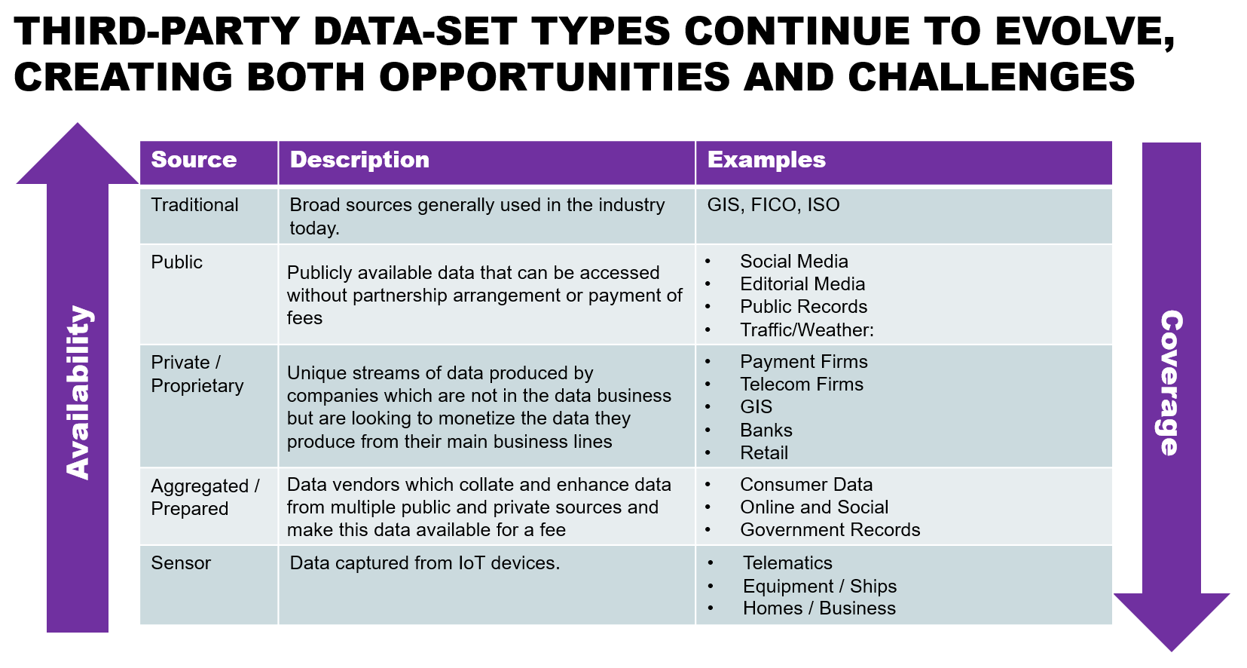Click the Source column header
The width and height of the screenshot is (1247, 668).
click(194, 160)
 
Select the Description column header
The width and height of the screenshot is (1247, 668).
click(359, 160)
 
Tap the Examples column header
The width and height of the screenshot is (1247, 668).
click(766, 160)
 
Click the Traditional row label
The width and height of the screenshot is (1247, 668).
click(194, 205)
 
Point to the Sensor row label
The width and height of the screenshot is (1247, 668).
click(181, 563)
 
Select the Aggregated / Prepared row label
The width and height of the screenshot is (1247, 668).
click(205, 497)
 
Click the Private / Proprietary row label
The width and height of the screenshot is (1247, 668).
click(197, 374)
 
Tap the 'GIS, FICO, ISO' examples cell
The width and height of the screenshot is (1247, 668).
click(773, 205)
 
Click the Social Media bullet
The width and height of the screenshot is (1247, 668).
click(794, 262)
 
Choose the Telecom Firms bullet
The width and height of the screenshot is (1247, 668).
click(802, 385)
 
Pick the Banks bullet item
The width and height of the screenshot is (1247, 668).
click(766, 430)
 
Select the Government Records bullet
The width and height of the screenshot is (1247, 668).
click(830, 530)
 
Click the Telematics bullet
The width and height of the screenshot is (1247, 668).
click(787, 563)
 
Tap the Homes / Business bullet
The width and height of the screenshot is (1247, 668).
click(820, 608)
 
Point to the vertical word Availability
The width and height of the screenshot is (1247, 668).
click(78, 392)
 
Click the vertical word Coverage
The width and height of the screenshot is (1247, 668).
click(1172, 383)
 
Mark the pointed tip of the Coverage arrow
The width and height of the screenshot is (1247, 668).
click(1172, 651)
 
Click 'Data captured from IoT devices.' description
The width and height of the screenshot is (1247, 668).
click(425, 563)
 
